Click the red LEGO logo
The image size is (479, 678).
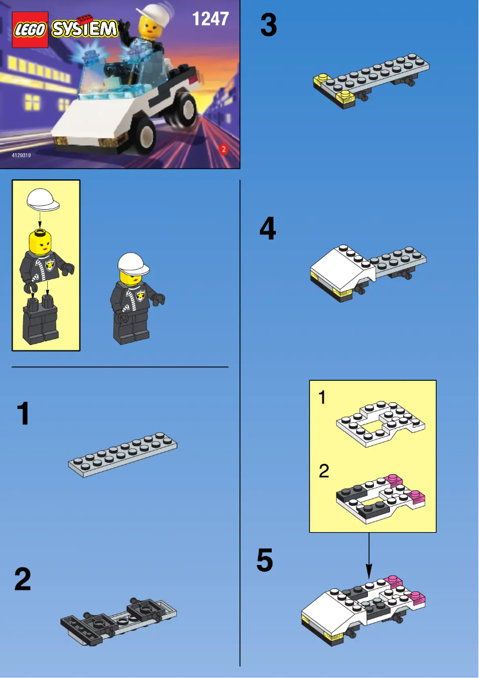point(30,29)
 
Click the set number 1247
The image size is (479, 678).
point(210,19)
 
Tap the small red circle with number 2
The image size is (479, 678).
point(223,149)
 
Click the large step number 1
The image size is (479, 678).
point(23,414)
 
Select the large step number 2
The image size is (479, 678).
point(23,579)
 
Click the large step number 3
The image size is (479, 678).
point(268,26)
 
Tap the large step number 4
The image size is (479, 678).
point(268,230)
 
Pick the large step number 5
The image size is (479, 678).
point(265,561)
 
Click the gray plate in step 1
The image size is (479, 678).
point(123,454)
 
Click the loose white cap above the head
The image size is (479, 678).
point(43,198)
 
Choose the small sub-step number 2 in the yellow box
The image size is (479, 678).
point(324,471)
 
